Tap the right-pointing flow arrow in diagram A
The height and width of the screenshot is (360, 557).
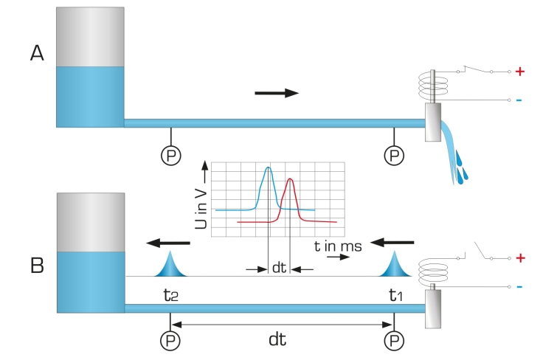pos(277,93)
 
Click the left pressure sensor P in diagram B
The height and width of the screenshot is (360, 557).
pos(171,340)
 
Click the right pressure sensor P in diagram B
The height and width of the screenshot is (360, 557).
pos(395,340)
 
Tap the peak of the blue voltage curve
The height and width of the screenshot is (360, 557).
pos(269,168)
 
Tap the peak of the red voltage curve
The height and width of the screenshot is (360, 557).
pos(291,179)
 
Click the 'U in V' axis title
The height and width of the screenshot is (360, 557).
pos(201,197)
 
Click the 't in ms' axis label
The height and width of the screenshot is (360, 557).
pos(337,246)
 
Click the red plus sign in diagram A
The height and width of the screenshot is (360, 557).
pos(519,72)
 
